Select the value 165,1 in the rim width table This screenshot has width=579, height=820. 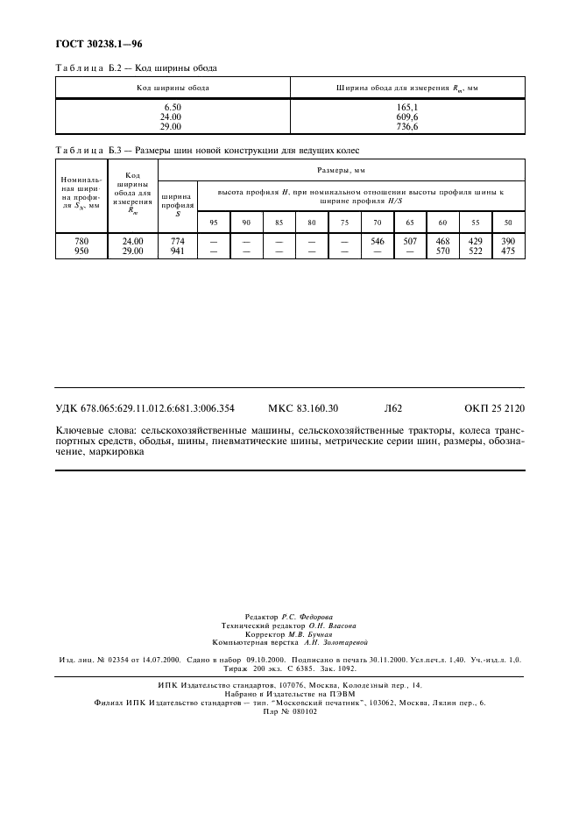tap(408, 107)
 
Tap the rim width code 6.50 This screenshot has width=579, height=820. tap(172, 107)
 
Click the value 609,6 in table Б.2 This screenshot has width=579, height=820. tap(408, 116)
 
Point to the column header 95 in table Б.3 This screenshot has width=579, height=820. tap(214, 223)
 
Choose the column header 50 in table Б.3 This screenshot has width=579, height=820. tap(508, 223)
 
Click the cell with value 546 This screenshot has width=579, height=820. tap(378, 242)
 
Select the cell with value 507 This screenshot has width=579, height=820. tap(410, 242)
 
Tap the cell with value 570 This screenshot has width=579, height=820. tap(443, 251)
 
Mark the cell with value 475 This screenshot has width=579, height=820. tap(508, 251)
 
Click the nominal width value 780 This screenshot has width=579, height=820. tap(81, 242)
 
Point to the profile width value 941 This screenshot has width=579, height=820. tap(178, 251)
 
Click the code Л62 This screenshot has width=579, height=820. tap(392, 407)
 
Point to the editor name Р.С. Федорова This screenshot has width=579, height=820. tap(310, 618)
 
